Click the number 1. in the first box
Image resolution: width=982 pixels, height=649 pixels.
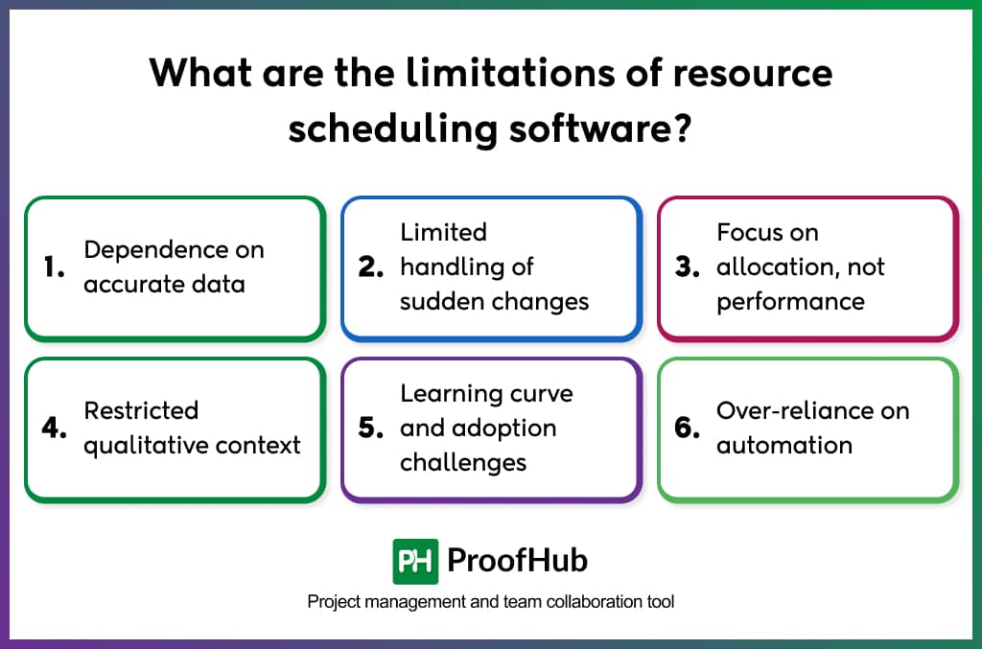[x=54, y=267]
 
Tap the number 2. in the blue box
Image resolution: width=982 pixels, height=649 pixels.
[x=371, y=267]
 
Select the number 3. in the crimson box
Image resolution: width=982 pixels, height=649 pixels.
[x=688, y=267]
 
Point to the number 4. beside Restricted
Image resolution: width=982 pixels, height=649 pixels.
[x=55, y=429]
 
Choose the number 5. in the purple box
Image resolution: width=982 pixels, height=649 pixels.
[x=371, y=429]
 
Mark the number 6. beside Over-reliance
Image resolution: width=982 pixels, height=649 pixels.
[x=688, y=429]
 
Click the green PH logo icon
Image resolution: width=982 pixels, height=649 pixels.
[x=415, y=561]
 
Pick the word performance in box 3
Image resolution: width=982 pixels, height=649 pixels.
[x=790, y=301]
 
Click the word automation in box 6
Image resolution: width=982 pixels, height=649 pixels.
[x=783, y=446]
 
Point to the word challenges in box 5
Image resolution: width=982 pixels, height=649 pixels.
[x=463, y=462]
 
